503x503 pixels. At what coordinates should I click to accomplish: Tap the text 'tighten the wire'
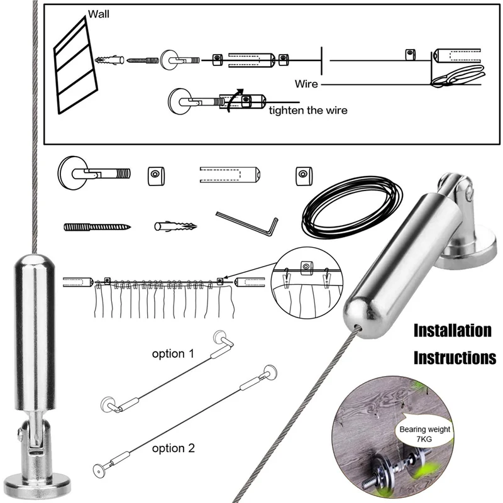[x=308, y=111]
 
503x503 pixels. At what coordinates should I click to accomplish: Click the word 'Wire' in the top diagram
[x=306, y=83]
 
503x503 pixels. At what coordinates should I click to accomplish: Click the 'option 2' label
[x=174, y=448]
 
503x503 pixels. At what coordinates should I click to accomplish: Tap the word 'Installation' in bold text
[x=452, y=331]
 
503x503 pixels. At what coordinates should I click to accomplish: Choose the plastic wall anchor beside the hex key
[x=177, y=225]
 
